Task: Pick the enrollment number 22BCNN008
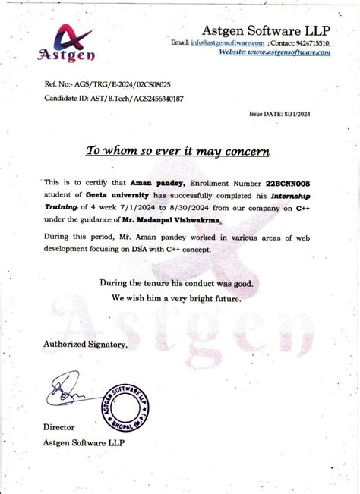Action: coord(288,183)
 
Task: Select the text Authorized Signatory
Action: coord(85,345)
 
